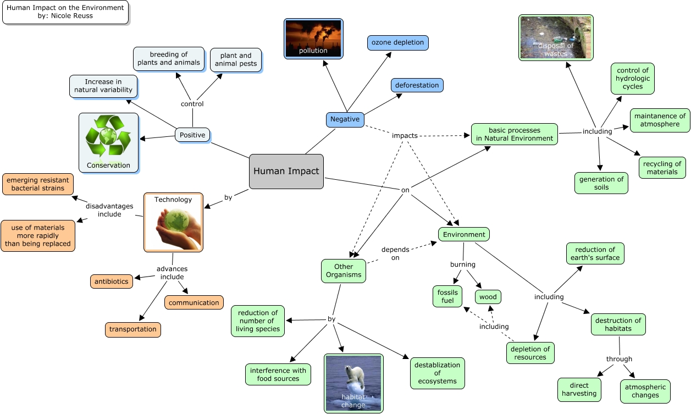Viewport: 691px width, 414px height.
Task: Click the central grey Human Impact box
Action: [286, 171]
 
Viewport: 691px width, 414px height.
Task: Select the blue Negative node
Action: [345, 119]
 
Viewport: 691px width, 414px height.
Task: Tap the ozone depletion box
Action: [397, 42]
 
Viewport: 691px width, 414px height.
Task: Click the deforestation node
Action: [417, 85]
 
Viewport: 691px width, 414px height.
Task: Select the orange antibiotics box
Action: [111, 281]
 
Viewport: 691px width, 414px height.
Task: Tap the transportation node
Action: [133, 329]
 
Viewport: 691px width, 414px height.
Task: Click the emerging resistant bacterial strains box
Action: [38, 184]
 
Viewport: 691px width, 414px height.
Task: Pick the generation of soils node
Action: [601, 183]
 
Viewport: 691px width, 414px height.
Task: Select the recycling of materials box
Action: [662, 168]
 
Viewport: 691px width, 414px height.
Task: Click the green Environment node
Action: [464, 234]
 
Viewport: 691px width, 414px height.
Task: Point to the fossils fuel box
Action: [447, 297]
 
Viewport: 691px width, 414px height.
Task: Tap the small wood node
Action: [488, 297]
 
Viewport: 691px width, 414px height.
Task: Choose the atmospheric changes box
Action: [645, 391]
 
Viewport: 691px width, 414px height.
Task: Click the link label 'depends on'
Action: [395, 253]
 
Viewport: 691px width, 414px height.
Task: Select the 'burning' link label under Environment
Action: [462, 264]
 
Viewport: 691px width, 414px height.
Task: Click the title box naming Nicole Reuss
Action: [65, 12]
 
